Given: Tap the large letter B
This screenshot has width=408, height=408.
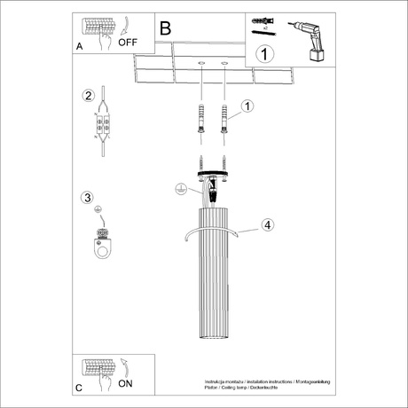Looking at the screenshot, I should pos(165,28).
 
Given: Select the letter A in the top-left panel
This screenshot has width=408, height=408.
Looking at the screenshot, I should pos(81,43).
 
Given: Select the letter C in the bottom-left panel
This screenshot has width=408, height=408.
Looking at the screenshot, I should pos(79,388).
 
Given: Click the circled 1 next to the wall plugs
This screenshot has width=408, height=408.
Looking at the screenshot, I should pos(247,106).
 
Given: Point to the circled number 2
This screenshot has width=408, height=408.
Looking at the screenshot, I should pos(88,96).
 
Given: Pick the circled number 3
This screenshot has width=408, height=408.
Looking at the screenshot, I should pos(87,197).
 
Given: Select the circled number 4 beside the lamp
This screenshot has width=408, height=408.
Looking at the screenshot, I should pos(267,224).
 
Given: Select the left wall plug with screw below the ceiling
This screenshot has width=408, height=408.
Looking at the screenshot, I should pos(201,118).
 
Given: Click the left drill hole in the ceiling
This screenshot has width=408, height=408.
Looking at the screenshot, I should pos(201,64).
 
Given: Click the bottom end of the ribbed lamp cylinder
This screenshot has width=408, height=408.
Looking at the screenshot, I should pos(213,341).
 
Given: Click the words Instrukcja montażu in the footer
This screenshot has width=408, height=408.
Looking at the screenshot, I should pos(221,379).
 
